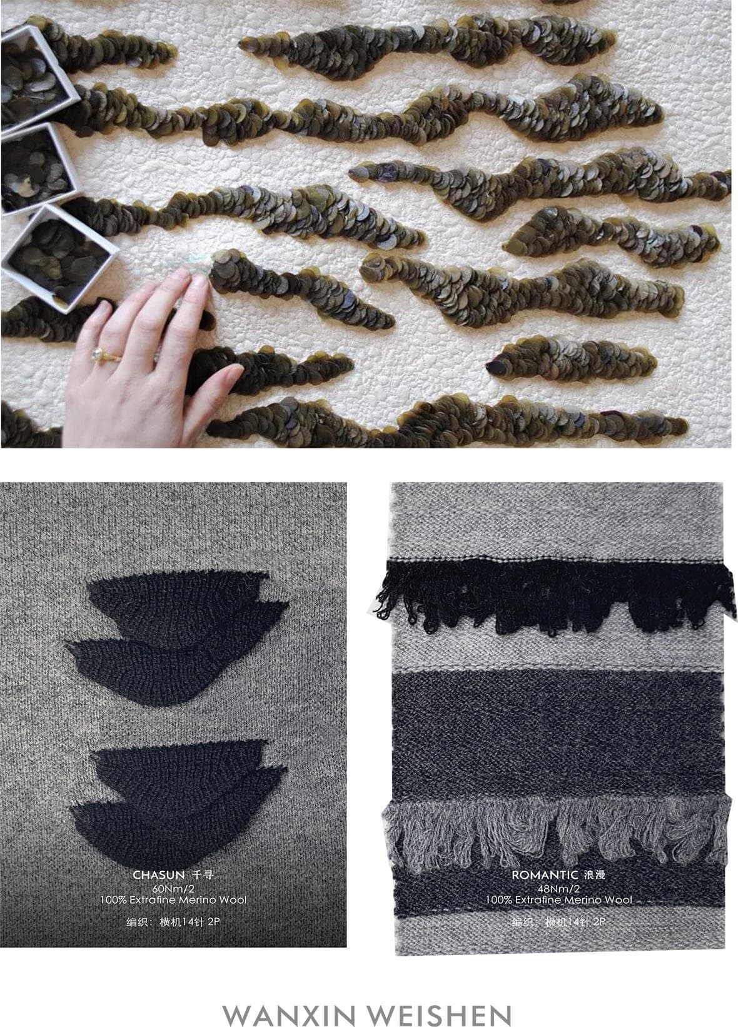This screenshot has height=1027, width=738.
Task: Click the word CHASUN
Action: click(x=159, y=875)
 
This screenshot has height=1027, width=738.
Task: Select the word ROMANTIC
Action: click(x=545, y=875)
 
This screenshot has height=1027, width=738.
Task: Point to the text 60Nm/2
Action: click(x=173, y=889)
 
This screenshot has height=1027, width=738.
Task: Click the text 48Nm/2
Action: click(x=559, y=889)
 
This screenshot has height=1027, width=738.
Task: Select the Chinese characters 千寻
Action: click(x=202, y=875)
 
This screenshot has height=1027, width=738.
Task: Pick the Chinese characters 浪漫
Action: click(x=595, y=875)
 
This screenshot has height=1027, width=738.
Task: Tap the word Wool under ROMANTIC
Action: click(x=618, y=900)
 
